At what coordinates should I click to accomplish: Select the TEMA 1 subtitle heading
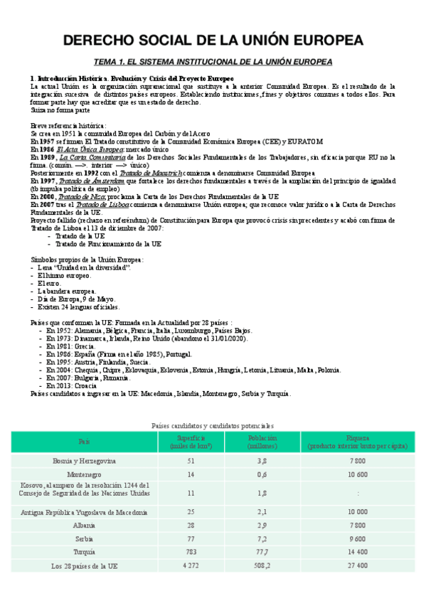(213, 63)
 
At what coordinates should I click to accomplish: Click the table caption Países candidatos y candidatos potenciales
(213, 425)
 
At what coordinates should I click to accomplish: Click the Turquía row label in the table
(85, 551)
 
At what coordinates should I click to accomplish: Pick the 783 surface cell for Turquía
(170, 551)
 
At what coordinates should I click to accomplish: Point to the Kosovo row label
(85, 491)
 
